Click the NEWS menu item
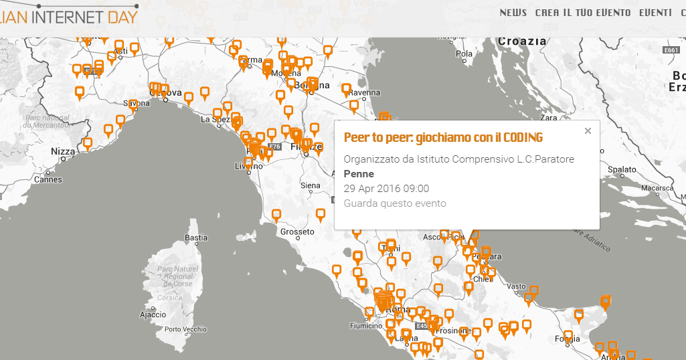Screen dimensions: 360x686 pos(513,13)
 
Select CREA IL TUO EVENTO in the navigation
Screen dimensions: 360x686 pos(583,13)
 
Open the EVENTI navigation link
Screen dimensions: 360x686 pos(655,13)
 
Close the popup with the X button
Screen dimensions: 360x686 pos(588,131)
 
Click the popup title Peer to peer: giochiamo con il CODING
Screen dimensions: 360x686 pos(443,138)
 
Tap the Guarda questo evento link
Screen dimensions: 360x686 pos(395,203)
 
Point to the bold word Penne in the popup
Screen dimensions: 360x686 pos(359,174)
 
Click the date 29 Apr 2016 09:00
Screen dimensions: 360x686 pos(386,189)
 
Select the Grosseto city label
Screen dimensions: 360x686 pos(297,232)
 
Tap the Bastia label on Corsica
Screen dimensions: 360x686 pos(196,238)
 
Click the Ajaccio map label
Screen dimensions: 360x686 pos(153,314)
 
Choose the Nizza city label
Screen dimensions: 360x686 pos(63,152)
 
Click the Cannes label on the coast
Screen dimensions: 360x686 pos(48,179)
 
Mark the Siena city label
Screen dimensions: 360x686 pos(311,185)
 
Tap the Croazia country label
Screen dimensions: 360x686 pos(522,41)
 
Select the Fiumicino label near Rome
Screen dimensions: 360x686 pos(365,327)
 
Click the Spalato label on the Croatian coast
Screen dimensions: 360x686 pos(622,170)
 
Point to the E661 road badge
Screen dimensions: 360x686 pos(671,50)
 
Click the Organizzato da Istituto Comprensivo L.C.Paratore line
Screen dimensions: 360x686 pos(459,159)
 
